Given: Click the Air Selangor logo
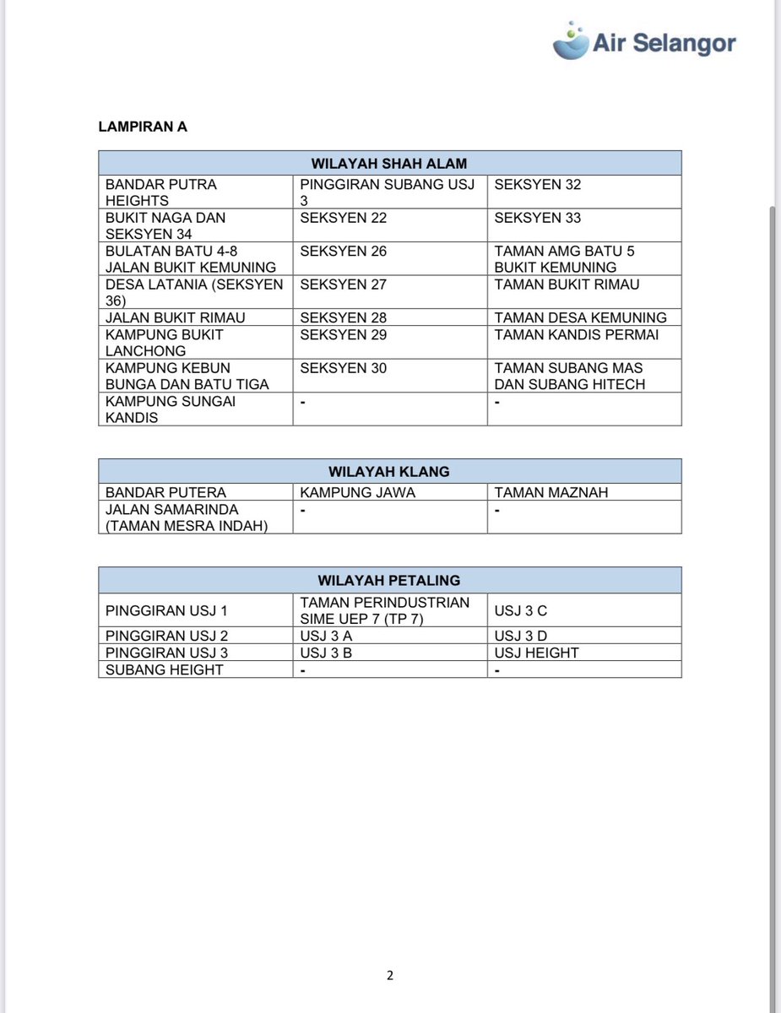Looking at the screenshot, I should coord(644,41).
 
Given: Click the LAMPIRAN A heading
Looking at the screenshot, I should coord(143,127).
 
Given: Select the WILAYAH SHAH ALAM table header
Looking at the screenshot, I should coord(389,163).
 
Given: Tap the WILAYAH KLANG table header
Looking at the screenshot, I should coord(389,471).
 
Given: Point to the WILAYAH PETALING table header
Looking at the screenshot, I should coord(389,580).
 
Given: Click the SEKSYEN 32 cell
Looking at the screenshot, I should coord(538,184).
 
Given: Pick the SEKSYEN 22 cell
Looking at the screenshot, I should coord(344,218).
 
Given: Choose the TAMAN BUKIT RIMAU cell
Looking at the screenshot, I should coord(567,284).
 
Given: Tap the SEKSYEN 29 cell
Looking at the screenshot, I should coord(344,334).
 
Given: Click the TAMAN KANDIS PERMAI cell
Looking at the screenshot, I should coord(577,334).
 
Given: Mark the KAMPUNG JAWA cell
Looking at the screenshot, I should coord(358,492).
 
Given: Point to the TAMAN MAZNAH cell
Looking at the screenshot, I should coord(551,492).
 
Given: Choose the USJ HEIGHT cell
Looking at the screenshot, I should coord(537,653).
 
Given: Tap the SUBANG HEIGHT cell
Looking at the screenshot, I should coord(165,669).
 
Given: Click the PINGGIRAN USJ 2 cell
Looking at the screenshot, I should coord(167,636).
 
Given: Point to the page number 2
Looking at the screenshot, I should coord(390,976).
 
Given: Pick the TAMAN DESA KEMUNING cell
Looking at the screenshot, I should coord(581,317).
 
